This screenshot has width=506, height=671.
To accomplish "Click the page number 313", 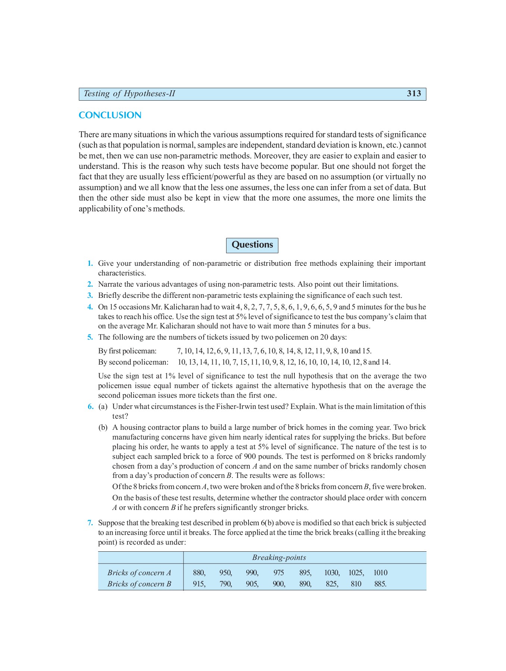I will (413, 94).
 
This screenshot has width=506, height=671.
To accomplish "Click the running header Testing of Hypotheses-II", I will (129, 94).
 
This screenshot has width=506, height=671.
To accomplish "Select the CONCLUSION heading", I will (110, 115).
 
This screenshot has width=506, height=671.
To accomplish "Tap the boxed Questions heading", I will (252, 245).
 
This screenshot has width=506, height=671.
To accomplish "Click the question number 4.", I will (90, 307).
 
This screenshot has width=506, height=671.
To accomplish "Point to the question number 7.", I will (90, 523).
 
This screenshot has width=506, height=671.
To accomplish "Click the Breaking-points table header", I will (279, 558).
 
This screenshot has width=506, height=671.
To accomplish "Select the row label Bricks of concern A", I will (139, 573).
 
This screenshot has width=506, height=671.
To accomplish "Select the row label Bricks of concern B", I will (139, 584).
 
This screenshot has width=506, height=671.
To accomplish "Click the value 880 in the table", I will (199, 573).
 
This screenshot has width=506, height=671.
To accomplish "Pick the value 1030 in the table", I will (331, 573).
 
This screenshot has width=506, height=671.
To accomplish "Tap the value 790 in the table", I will (225, 584).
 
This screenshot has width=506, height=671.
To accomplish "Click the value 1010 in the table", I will (380, 573).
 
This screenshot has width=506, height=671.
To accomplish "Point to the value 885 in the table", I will (380, 584).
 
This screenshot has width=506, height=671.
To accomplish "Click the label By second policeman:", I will (133, 362).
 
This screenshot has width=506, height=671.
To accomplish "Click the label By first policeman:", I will (127, 351).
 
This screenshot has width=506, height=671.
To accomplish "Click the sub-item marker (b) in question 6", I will (103, 428).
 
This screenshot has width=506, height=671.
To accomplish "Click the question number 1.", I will (90, 264).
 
